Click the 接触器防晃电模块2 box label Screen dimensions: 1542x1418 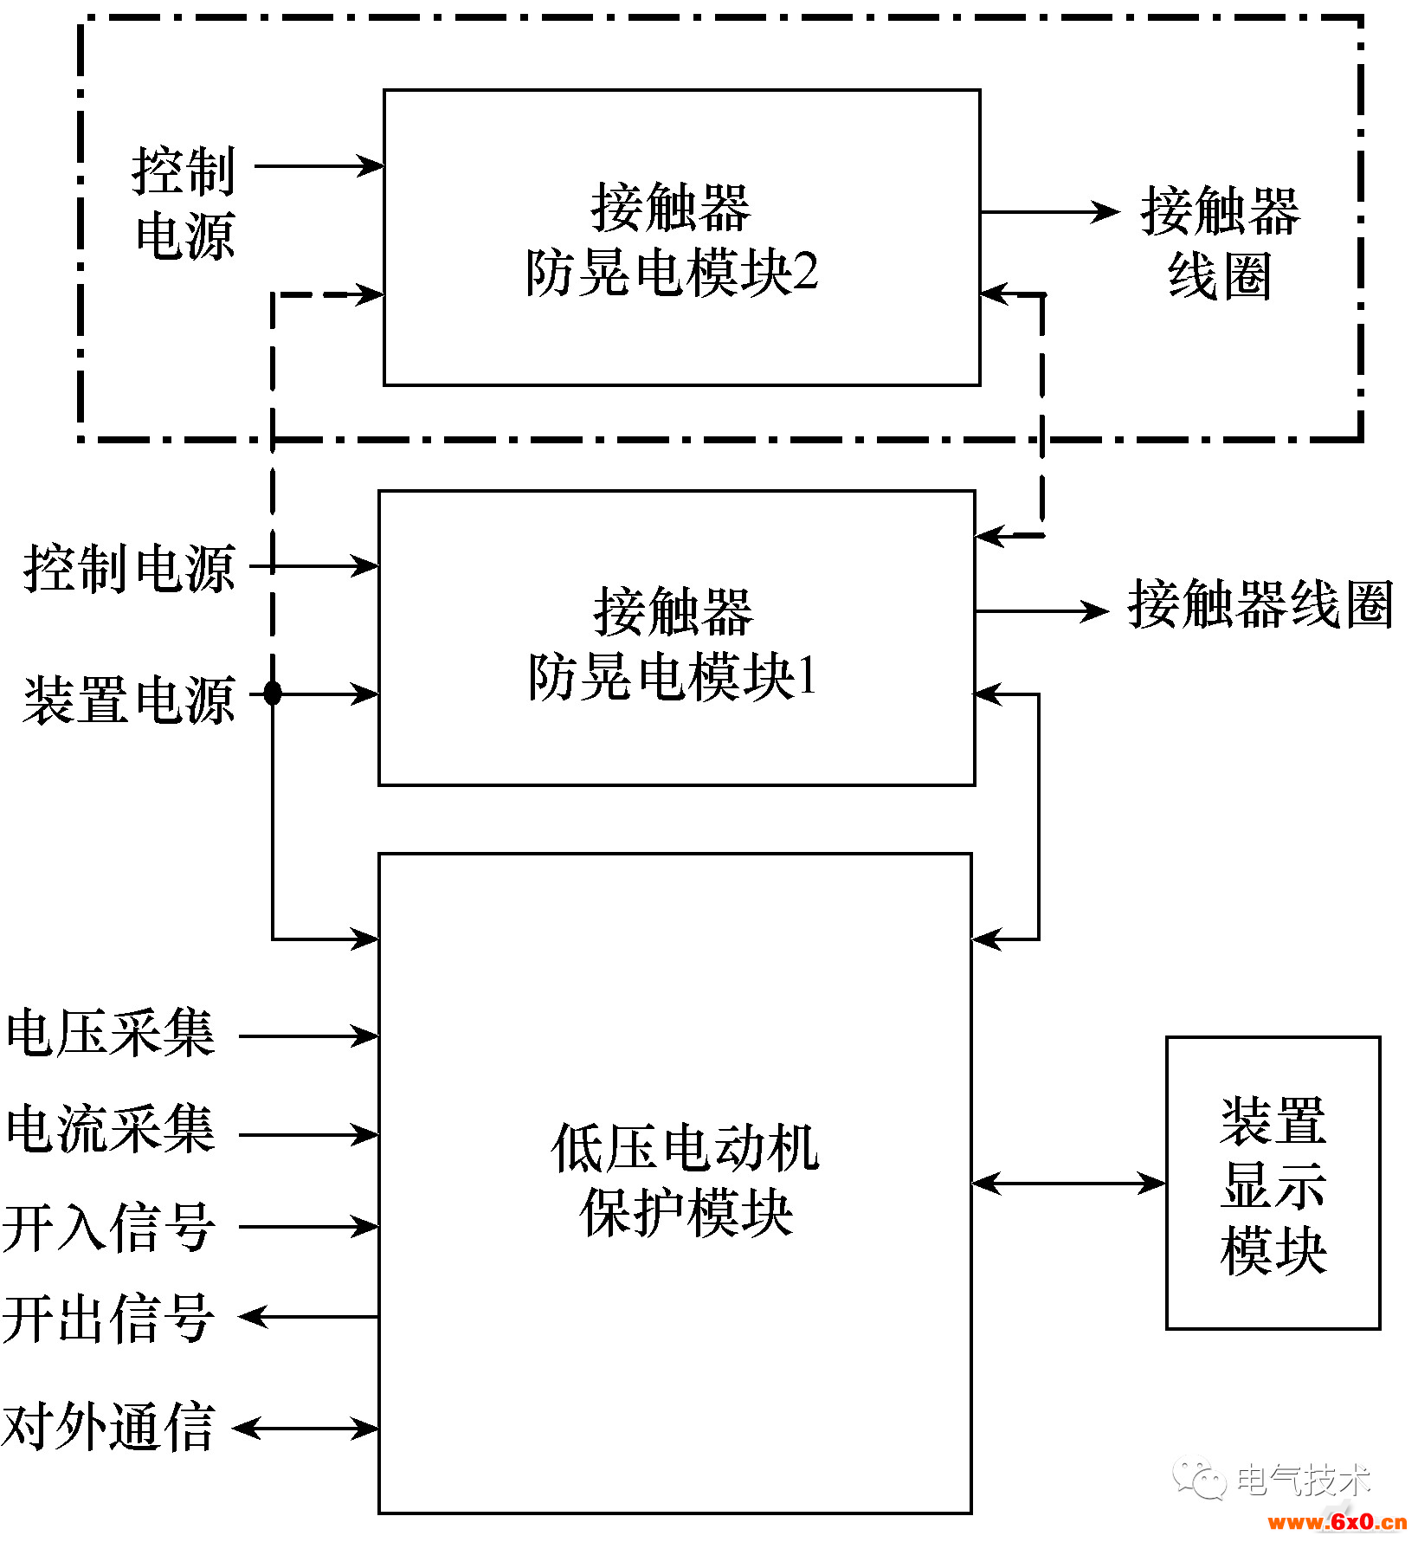point(672,239)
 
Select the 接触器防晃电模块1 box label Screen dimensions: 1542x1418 point(673,643)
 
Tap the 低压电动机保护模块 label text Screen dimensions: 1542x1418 point(684,1179)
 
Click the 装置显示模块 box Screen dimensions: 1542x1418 point(1273,1184)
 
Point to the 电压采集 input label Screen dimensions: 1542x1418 point(110,1033)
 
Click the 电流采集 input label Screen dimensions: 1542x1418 point(110,1129)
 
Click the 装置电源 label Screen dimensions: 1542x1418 point(129,700)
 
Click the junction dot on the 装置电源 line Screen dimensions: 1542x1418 point(273,693)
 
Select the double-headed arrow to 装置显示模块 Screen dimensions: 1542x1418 point(1068,1183)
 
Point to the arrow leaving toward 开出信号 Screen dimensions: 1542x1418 point(309,1317)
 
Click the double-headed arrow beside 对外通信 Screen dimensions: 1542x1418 point(306,1428)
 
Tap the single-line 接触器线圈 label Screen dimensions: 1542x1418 point(1260,604)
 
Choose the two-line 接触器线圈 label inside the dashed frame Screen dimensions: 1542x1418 point(1220,243)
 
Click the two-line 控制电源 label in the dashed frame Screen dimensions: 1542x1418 point(184,203)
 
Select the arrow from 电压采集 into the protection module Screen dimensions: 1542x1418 point(309,1036)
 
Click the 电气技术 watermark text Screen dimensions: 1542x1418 point(1303,1480)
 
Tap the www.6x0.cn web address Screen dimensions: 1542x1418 point(1337,1522)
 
